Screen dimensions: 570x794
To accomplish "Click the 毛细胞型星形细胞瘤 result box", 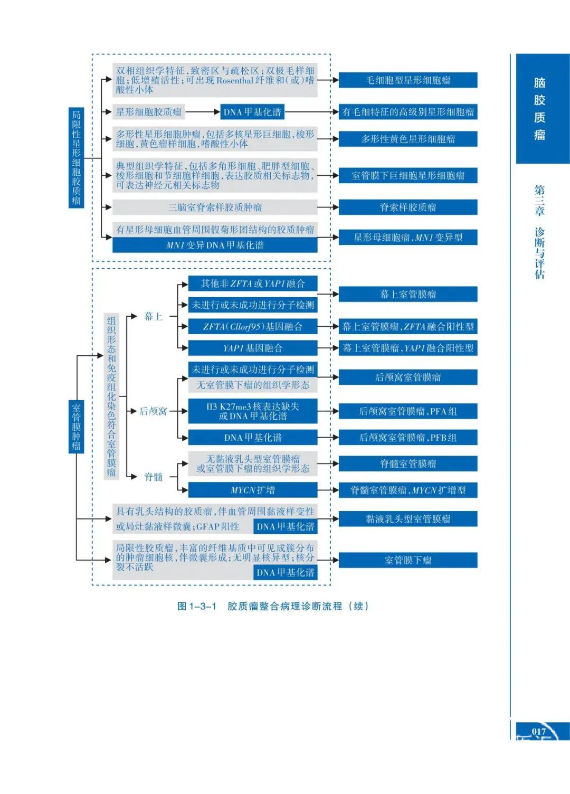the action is [408, 80].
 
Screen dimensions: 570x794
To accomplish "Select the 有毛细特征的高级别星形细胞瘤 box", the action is [408, 112].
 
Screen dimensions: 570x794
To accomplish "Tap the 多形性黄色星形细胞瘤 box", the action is [408, 139].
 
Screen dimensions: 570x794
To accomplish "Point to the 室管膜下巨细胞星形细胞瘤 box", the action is [408, 175].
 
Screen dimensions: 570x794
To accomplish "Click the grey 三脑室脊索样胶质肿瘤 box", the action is [215, 207].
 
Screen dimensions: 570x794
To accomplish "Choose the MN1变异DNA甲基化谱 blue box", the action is [215, 245].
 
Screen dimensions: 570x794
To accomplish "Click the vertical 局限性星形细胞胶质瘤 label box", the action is [76, 158].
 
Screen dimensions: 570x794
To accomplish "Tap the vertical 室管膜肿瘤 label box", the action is [76, 427].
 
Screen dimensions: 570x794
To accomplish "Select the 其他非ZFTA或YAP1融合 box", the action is [253, 283].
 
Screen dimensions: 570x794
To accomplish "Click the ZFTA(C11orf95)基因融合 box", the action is [253, 326].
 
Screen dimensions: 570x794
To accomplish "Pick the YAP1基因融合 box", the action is [253, 348].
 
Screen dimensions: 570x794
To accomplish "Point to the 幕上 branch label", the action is [154, 317].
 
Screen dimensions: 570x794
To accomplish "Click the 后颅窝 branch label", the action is [153, 411].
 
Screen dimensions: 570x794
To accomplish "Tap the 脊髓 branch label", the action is [154, 477].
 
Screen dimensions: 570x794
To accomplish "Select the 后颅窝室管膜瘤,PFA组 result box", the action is [408, 411].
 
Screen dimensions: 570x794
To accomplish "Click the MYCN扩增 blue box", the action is [253, 490].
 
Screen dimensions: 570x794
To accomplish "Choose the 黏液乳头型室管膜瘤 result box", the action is [408, 519].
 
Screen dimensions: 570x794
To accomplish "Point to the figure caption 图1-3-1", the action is [197, 606].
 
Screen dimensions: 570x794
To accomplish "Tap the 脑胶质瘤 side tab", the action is [539, 109].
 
